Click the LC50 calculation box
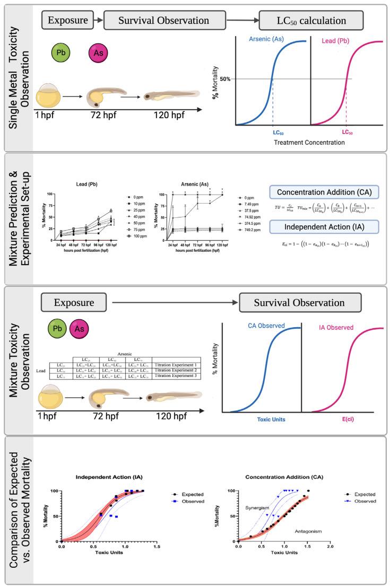point(311,22)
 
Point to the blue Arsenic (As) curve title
point(272,39)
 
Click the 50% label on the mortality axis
point(226,78)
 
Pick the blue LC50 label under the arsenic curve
point(272,131)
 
